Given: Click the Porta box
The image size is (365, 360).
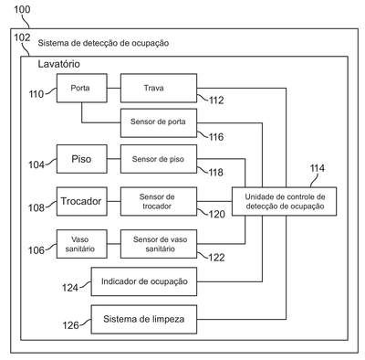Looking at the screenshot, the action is pos(82,88).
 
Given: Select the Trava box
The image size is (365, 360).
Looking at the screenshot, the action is pos(159,88).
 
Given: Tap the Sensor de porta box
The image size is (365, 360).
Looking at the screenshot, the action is pos(159,123).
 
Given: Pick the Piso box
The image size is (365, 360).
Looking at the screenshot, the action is pos(82,159).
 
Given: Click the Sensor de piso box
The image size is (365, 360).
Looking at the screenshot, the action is pos(159,159).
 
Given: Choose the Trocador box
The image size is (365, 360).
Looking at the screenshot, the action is pos(82,202).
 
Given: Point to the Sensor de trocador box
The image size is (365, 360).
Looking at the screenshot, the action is pos(159,202).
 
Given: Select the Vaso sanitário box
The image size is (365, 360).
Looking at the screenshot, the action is pos(82,244).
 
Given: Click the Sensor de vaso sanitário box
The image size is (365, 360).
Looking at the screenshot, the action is pos(159,244).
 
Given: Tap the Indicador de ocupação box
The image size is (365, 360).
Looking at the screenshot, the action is pos(144,281).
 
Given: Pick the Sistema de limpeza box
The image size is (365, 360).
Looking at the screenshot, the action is pos(144,320).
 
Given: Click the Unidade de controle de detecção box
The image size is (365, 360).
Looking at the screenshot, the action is pos(284,202).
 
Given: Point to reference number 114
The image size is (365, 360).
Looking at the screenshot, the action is pos(318,168).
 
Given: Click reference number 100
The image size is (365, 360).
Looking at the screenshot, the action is pos(22,9).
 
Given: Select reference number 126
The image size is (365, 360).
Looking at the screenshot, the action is pos(70,325).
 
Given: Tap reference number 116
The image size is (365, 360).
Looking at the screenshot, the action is pos(216,137).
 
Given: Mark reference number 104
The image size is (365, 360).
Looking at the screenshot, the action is pos(36,164).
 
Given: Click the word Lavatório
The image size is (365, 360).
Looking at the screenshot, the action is pos(59,64).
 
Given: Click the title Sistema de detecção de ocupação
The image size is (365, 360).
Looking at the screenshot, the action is pos(103,43).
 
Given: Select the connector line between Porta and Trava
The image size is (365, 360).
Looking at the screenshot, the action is pos(114,89).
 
